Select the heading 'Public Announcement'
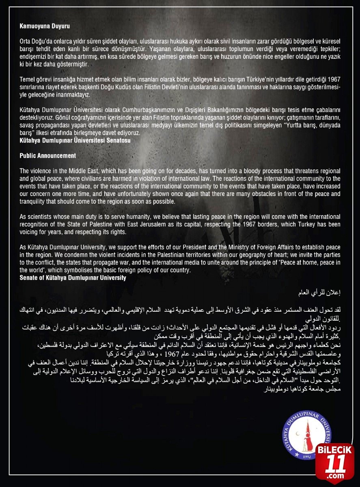point(48,155)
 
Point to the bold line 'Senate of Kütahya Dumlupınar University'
point(73,278)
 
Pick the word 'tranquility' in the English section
point(35,201)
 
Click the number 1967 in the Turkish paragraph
point(334,89)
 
